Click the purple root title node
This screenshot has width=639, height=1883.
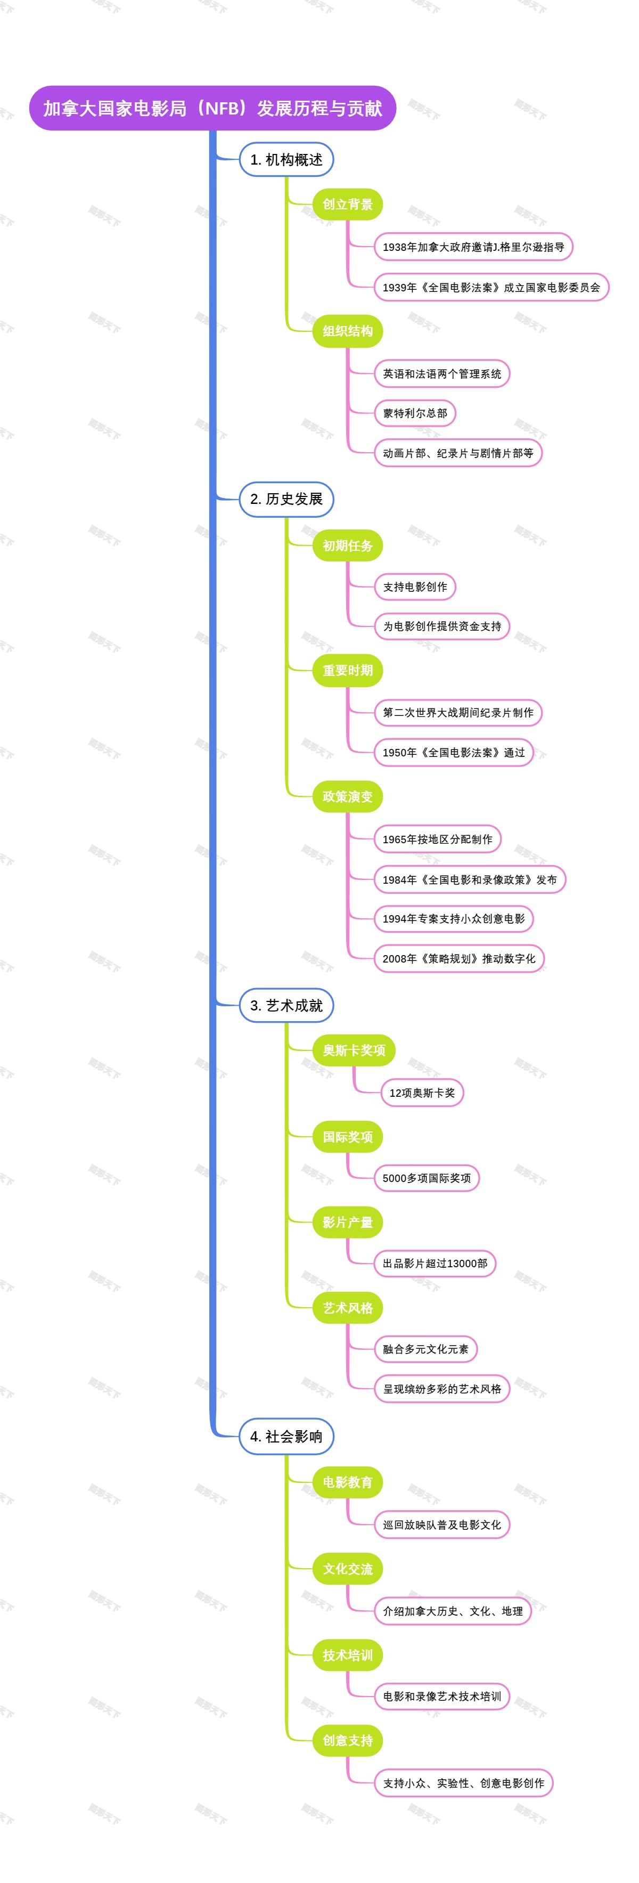(x=212, y=108)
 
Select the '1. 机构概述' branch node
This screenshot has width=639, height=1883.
(x=286, y=159)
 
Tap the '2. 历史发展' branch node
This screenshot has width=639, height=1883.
(x=286, y=499)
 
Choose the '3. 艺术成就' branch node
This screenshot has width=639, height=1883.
(x=286, y=1005)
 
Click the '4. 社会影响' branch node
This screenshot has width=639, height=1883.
(x=286, y=1437)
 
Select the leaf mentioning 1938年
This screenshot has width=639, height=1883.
(x=473, y=247)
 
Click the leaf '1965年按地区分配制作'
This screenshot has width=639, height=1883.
(x=437, y=839)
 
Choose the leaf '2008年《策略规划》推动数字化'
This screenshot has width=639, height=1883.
(x=458, y=958)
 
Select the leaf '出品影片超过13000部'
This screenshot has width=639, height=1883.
(x=435, y=1263)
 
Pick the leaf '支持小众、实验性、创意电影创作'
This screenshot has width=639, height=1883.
(x=463, y=1783)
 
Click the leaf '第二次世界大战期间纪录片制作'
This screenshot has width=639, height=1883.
(x=457, y=713)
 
